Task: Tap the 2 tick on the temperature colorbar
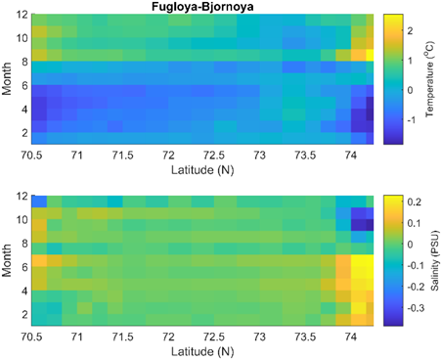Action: (409, 31)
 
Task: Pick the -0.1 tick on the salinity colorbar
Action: (414, 265)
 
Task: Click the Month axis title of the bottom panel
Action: (8, 259)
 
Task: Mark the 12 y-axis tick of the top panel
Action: (21, 16)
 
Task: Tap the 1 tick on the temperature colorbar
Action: (409, 60)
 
